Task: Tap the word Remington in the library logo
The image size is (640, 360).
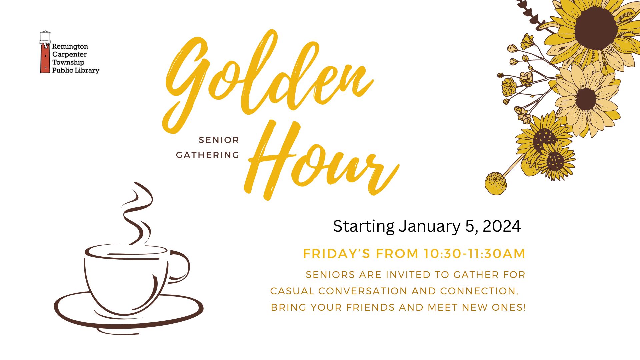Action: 70,46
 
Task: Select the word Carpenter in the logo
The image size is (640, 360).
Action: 69,54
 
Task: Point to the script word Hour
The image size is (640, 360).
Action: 322,160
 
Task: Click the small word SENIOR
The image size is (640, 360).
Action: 219,140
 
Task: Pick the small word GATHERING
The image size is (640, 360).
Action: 208,155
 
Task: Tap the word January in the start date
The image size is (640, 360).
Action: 430,227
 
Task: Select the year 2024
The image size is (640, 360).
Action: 502,226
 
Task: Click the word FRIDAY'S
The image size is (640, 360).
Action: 337,254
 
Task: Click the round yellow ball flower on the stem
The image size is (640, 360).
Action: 496,183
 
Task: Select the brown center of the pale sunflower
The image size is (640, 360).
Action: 586,99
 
